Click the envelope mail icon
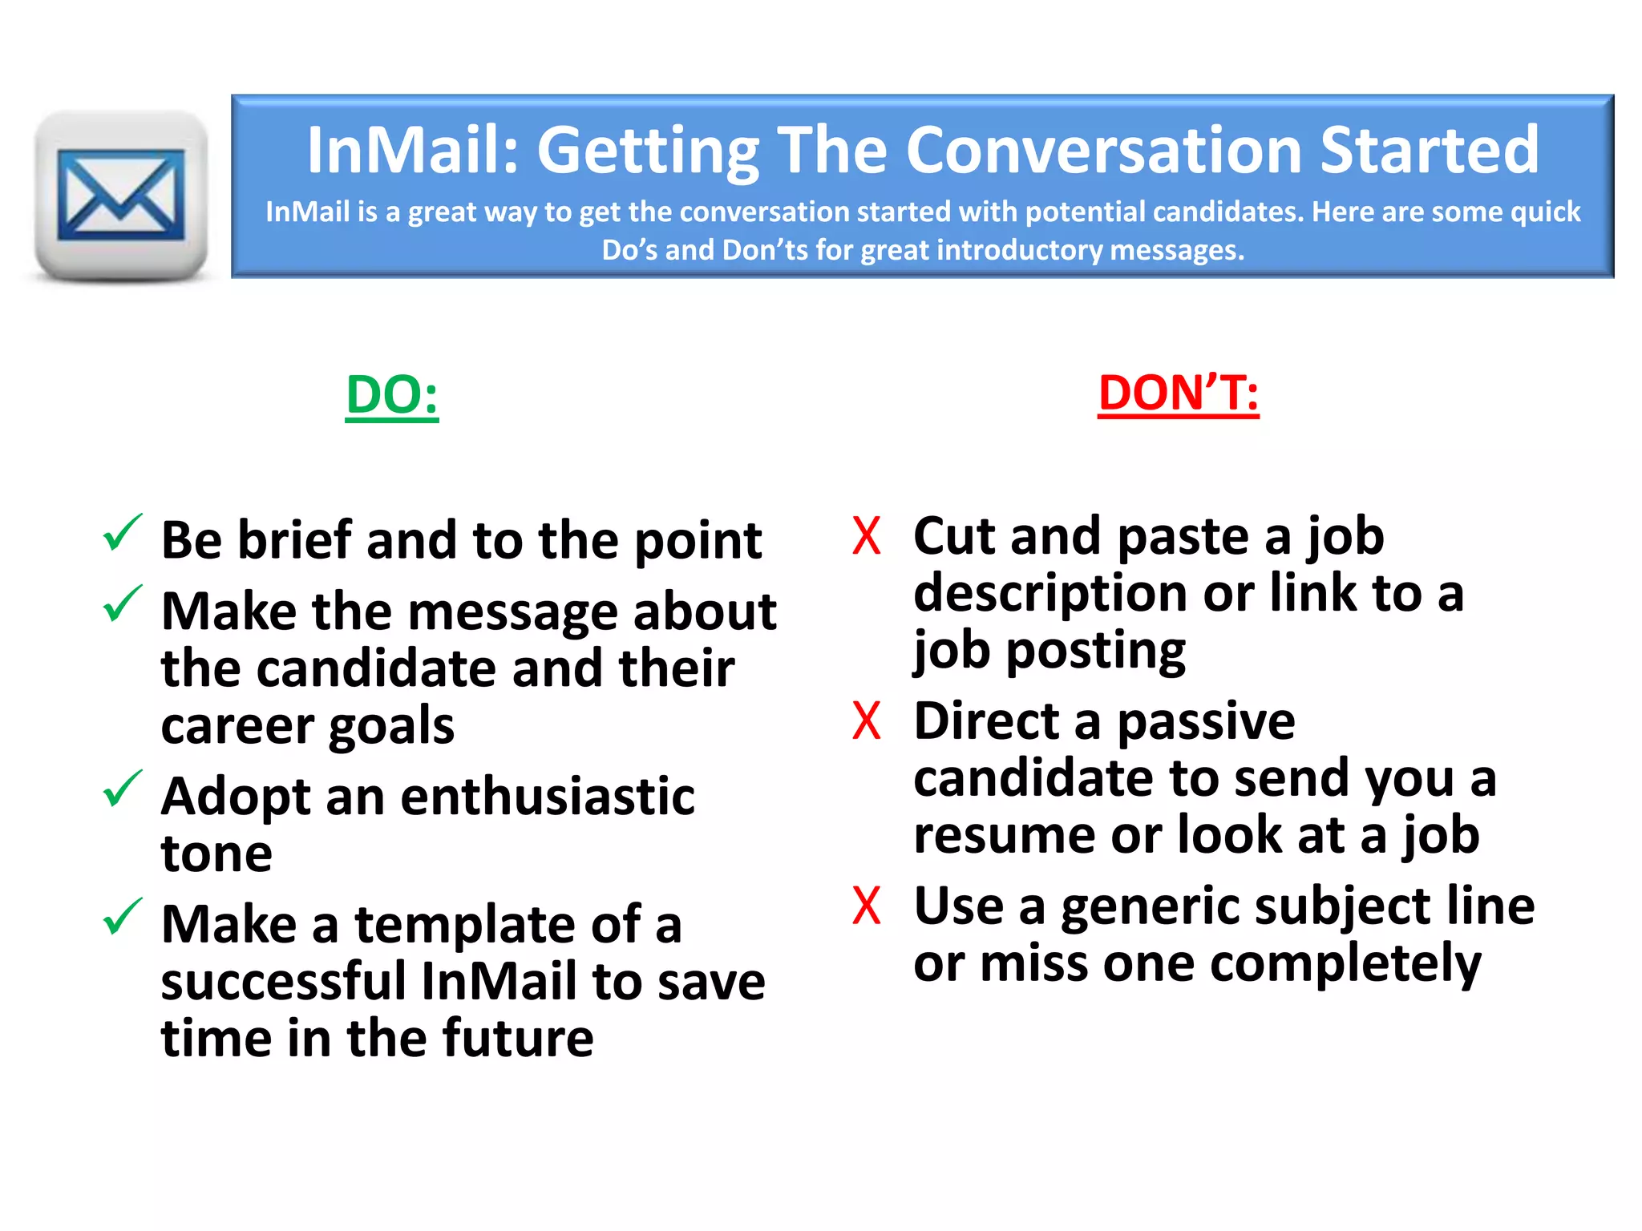point(121,195)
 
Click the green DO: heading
point(392,395)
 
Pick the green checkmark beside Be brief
point(123,534)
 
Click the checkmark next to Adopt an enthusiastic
point(123,789)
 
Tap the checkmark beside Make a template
point(123,918)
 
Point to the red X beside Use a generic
point(867,905)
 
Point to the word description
point(1050,595)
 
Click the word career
point(237,726)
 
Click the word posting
point(1096,652)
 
